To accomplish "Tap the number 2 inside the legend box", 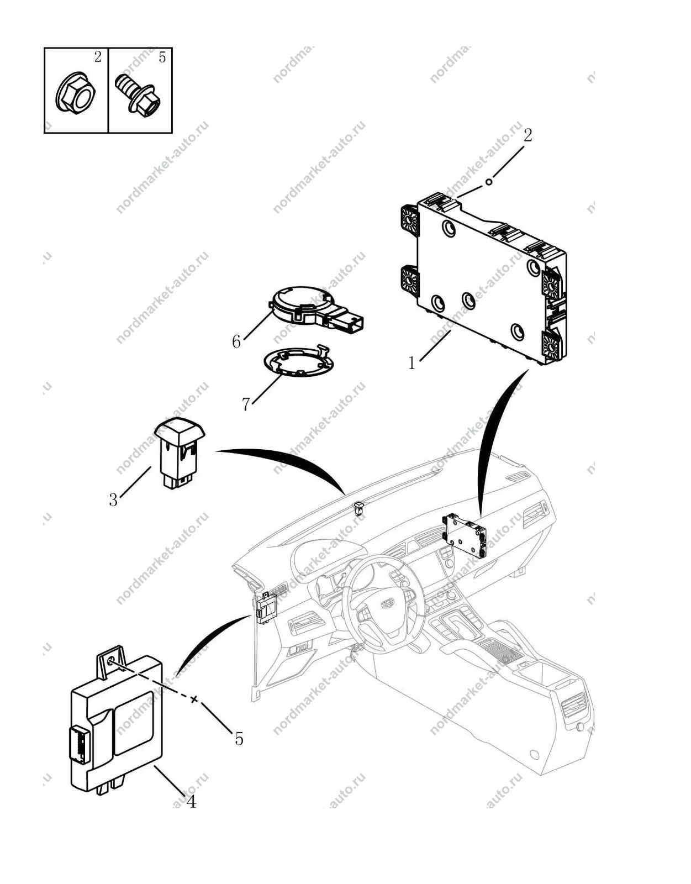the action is point(98,57).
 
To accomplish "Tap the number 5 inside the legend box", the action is point(162,57).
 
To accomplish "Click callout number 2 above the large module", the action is point(528,135).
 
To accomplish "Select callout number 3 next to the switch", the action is point(113,499).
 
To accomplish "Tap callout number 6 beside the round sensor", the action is point(236,341).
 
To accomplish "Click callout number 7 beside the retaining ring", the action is point(246,404).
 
